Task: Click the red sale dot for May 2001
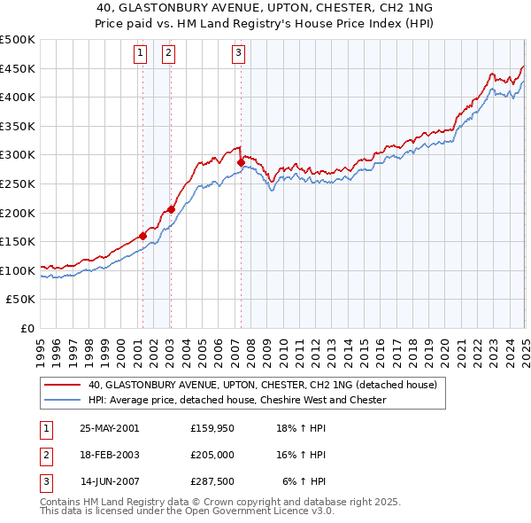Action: point(142,237)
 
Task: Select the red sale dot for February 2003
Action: point(171,210)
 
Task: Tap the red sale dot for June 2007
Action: point(241,162)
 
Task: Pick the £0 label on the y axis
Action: point(27,328)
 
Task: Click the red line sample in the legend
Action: point(62,386)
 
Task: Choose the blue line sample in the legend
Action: point(62,401)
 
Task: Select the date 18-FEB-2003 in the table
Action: point(110,455)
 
